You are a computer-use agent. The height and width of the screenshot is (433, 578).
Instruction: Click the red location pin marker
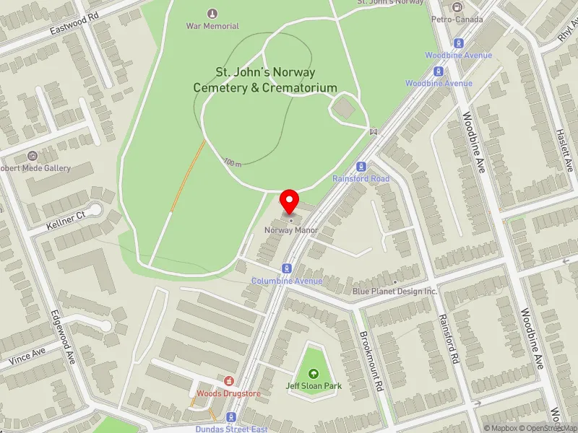pyautogui.click(x=290, y=201)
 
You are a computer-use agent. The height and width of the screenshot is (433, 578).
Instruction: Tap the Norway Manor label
pyautogui.click(x=290, y=230)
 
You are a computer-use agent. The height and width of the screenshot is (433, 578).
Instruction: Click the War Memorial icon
pyautogui.click(x=212, y=13)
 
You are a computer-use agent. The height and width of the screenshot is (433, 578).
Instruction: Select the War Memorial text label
pyautogui.click(x=212, y=26)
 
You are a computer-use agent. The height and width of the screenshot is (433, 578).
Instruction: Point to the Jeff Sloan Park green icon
pyautogui.click(x=314, y=373)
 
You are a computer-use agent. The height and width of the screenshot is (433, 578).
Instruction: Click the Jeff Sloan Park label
pyautogui.click(x=314, y=386)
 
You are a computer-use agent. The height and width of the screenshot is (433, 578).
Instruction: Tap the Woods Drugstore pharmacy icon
pyautogui.click(x=228, y=380)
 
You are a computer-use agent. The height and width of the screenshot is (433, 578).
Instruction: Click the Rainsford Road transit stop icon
pyautogui.click(x=361, y=166)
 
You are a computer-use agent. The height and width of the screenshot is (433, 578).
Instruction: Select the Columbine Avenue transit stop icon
pyautogui.click(x=287, y=268)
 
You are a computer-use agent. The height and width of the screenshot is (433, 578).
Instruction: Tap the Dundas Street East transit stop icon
pyautogui.click(x=231, y=417)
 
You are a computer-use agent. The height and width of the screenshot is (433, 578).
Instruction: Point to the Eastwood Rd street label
pyautogui.click(x=74, y=27)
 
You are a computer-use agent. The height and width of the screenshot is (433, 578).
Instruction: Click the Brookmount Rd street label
pyautogui.click(x=371, y=361)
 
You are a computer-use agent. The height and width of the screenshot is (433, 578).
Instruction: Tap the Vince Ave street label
pyautogui.click(x=27, y=355)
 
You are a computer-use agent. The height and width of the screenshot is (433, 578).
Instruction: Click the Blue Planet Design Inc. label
pyautogui.click(x=394, y=292)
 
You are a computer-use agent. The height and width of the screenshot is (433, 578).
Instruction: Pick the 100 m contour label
pyautogui.click(x=232, y=162)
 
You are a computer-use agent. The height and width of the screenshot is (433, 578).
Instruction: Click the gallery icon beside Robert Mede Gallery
pyautogui.click(x=33, y=156)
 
